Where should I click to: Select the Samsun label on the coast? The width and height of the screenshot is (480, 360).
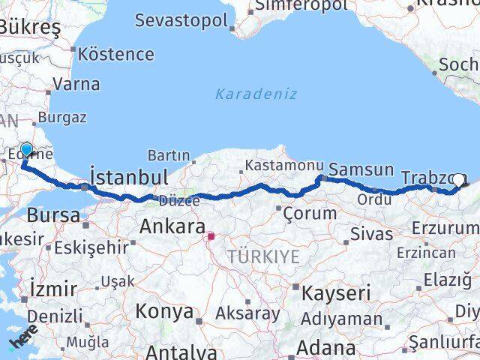coord(361,170)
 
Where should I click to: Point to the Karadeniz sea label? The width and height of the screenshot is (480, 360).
coord(256,94)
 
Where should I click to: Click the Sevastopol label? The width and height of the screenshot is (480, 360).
coord(181,19)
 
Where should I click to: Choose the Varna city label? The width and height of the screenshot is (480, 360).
coord(76,83)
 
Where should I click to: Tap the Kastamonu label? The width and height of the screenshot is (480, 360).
coord(284,165)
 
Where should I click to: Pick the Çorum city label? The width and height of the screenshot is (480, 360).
coord(310,213)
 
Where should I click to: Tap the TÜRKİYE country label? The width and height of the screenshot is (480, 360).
coord(264,256)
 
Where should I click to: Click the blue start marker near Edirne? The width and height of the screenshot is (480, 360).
coord(27,150)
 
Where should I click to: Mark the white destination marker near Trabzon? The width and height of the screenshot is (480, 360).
coord(457,180)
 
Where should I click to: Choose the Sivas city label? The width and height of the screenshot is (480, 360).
coord(371,234)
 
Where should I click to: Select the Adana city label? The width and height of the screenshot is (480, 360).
coord(325,348)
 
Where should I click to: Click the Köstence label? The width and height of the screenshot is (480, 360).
coord(116,54)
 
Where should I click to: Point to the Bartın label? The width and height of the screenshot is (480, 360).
coord(169,155)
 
